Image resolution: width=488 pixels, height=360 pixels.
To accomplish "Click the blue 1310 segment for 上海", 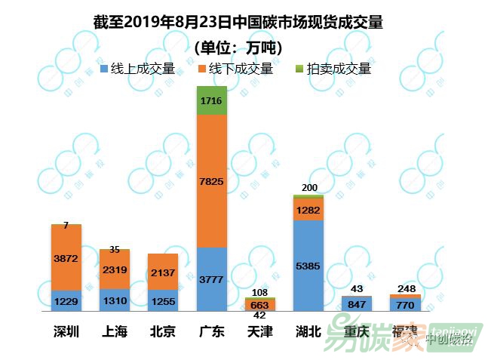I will (x=115, y=300).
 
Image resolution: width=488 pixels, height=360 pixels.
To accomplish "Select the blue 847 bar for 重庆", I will (x=357, y=303).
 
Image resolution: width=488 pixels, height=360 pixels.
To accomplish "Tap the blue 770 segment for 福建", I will (x=405, y=305).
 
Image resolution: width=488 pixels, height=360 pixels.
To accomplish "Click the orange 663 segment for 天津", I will (x=260, y=304).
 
